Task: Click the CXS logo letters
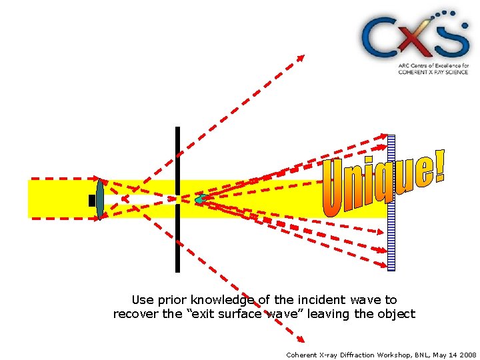tap(415, 36)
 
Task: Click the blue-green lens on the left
tap(100, 199)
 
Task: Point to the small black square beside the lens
tap(92, 200)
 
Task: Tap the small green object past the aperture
tap(199, 199)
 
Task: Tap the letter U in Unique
tap(335, 190)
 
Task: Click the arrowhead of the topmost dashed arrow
tap(301, 57)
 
